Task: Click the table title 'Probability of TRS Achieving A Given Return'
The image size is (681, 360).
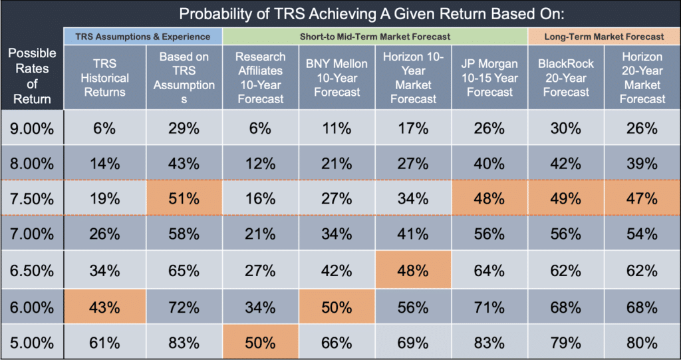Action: (372, 13)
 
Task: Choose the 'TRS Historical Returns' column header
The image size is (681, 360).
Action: (105, 78)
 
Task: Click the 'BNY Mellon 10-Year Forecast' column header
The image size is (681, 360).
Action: (337, 78)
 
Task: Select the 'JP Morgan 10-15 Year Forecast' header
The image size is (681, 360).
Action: (489, 78)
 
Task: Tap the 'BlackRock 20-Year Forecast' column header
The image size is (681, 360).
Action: (566, 78)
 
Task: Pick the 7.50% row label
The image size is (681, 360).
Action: (32, 198)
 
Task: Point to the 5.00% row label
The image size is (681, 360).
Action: (32, 343)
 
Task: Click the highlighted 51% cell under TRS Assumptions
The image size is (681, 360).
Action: (184, 198)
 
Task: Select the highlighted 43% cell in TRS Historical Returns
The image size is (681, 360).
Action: (105, 308)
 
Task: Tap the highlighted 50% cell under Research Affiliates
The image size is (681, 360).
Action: (261, 343)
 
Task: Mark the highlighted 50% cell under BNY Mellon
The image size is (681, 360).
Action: (337, 308)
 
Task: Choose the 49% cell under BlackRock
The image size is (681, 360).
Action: (566, 198)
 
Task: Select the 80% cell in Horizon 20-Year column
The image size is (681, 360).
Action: (642, 343)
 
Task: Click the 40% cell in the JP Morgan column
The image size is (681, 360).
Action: (489, 163)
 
